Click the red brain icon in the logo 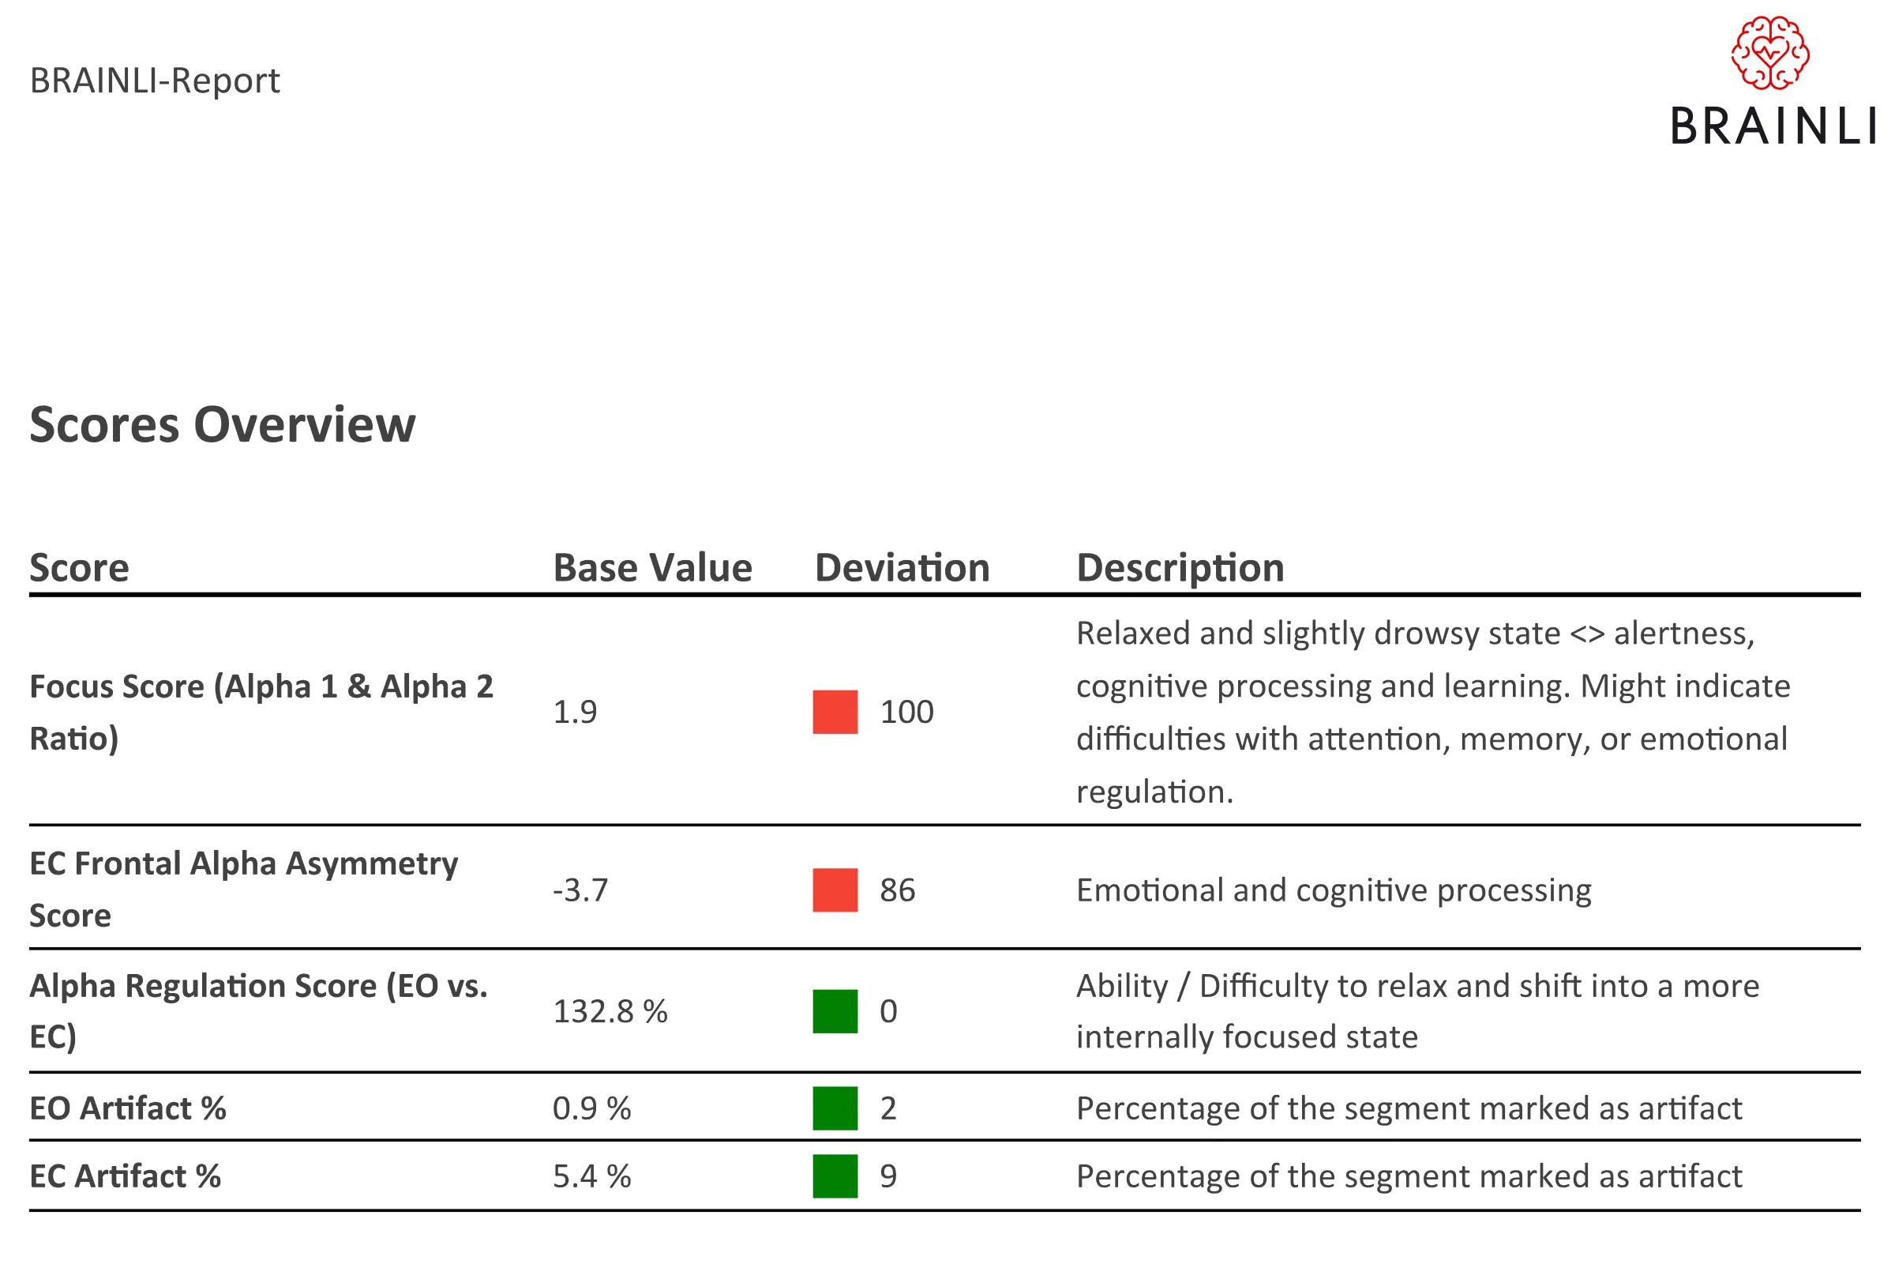(x=1770, y=52)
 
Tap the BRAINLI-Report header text (x=155, y=81)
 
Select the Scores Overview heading (x=223, y=425)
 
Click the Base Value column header (x=653, y=567)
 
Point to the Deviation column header (x=902, y=567)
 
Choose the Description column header (x=1180, y=568)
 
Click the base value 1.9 (x=575, y=712)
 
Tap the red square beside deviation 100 (x=835, y=712)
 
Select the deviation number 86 (x=898, y=890)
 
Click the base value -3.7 (x=580, y=890)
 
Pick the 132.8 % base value (x=610, y=1011)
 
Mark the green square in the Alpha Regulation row (x=835, y=1011)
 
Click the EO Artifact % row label (x=127, y=1108)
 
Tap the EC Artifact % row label (x=125, y=1176)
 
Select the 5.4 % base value (x=591, y=1176)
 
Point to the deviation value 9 (x=887, y=1176)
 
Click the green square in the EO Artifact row (x=835, y=1108)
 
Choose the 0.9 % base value (x=591, y=1108)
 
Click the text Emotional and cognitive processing (x=1334, y=891)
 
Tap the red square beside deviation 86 (x=835, y=890)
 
